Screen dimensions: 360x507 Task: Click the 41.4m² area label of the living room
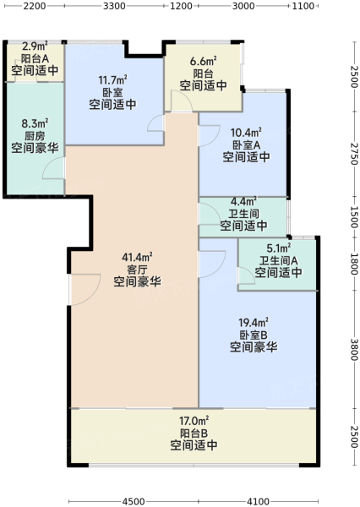coord(137,258)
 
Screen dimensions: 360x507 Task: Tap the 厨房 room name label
coord(35,136)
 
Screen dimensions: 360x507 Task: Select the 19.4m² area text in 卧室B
coord(254,323)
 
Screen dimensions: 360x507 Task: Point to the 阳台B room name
coord(194,433)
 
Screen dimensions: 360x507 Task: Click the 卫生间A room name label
coord(279,260)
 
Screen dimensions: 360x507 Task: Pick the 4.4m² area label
coord(243,201)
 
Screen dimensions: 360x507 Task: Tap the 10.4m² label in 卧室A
coord(246,133)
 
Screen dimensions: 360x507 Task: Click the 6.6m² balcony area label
coord(203,61)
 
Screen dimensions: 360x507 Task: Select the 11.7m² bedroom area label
coord(112,79)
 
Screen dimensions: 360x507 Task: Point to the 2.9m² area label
coord(35,46)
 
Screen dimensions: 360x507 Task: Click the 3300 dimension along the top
coord(114,6)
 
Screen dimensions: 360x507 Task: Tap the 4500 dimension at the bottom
coord(134,501)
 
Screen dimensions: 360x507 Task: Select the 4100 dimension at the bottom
coord(258,501)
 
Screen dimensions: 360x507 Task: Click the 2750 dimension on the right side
coord(354,154)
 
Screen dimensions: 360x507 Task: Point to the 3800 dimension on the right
coord(354,349)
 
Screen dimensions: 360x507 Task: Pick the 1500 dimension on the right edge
coord(354,217)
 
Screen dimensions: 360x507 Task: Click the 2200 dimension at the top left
coord(35,6)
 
